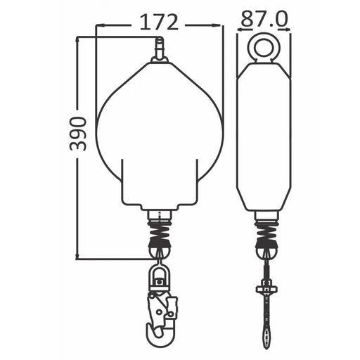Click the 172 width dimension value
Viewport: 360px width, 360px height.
click(x=159, y=22)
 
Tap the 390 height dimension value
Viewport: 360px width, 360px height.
click(x=78, y=134)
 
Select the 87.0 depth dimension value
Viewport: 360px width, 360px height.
click(x=264, y=19)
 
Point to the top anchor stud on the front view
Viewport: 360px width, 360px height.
click(x=160, y=48)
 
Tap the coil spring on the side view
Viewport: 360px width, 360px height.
click(x=266, y=230)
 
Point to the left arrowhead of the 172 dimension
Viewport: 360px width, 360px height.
click(x=100, y=25)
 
